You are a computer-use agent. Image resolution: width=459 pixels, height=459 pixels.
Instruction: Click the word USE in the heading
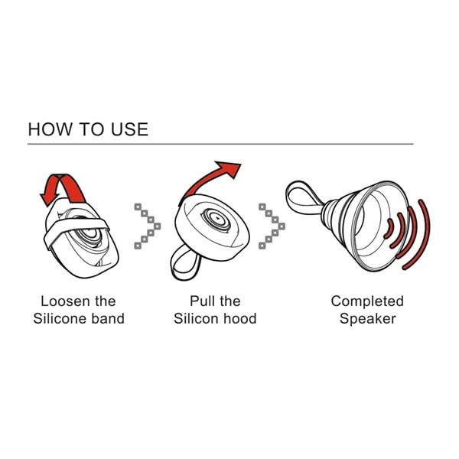(x=128, y=129)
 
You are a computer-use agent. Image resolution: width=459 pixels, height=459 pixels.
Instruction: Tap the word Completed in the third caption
(x=366, y=301)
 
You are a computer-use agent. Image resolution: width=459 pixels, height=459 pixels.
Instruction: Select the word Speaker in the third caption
(x=367, y=318)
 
